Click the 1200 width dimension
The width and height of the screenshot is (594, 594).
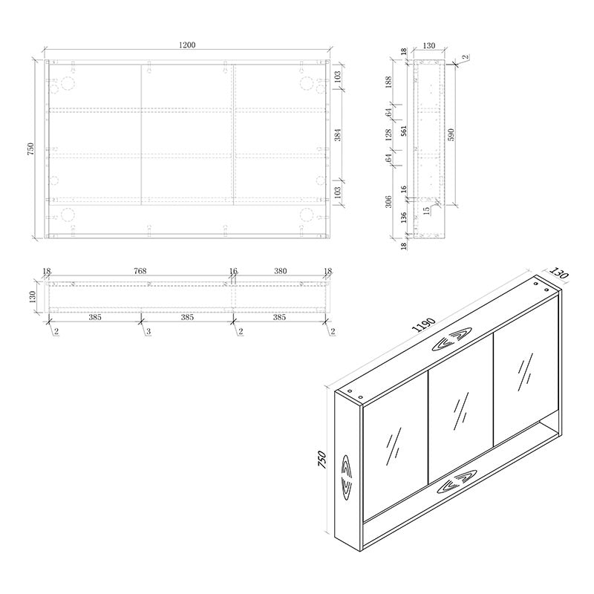point(186,46)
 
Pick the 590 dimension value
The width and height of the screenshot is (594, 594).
point(451,134)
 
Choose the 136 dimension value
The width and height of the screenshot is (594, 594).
point(403,218)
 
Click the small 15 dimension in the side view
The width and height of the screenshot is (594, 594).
point(426,210)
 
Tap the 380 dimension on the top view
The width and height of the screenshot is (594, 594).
point(280,272)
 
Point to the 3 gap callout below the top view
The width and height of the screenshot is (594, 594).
point(148,331)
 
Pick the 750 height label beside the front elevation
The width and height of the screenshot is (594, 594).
point(30,148)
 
